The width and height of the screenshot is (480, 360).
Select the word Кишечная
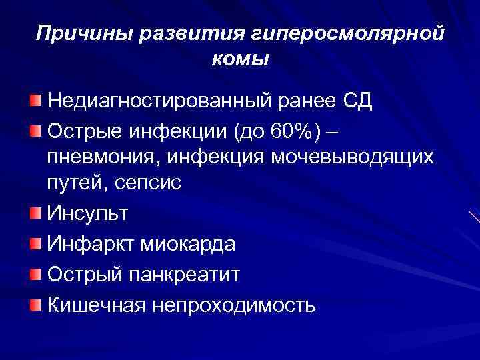(96, 305)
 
